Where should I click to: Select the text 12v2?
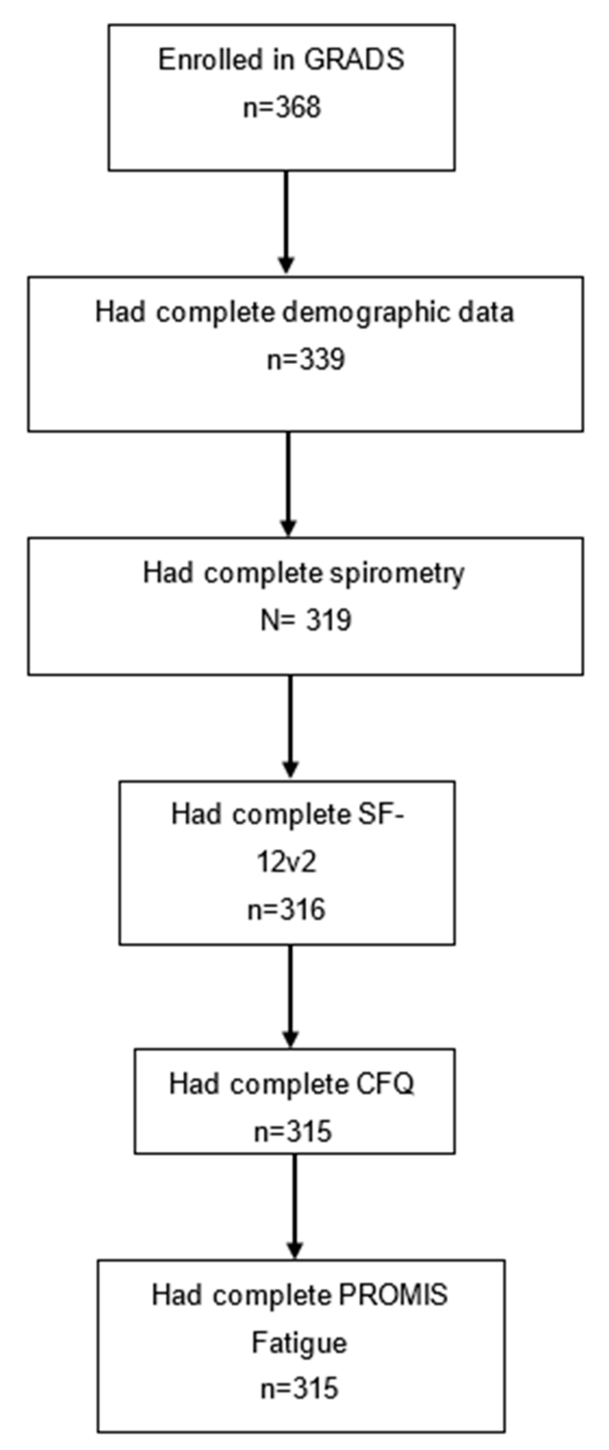286,862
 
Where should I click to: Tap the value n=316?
286,909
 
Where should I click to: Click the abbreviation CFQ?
386,1084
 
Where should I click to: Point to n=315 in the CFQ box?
293,1131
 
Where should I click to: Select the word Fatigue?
299,1343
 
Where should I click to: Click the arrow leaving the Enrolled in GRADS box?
286,222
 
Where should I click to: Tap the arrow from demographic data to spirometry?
288,484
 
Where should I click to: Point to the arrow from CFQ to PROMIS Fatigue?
294,1206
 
